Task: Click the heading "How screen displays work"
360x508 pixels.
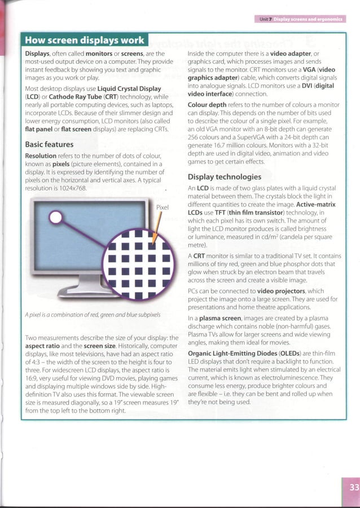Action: pyautogui.click(x=84, y=40)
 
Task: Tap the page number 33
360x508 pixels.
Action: pyautogui.click(x=354, y=487)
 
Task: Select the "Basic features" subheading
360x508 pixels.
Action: pyautogui.click(x=49, y=144)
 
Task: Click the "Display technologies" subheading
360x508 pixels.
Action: pyautogui.click(x=225, y=177)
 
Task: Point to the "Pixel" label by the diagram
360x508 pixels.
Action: pyautogui.click(x=162, y=207)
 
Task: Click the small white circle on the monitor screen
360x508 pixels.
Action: pyautogui.click(x=56, y=218)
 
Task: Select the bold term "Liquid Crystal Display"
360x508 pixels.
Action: pyautogui.click(x=129, y=89)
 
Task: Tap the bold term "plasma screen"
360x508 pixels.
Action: pyautogui.click(x=220, y=318)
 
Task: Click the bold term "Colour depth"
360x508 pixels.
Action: pyautogui.click(x=207, y=105)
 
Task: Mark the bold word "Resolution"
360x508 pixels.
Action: pyautogui.click(x=41, y=156)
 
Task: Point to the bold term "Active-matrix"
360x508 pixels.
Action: pyautogui.click(x=316, y=205)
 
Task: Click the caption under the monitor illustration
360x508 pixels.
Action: pyautogui.click(x=93, y=315)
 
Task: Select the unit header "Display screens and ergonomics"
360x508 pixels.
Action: pyautogui.click(x=308, y=19)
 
